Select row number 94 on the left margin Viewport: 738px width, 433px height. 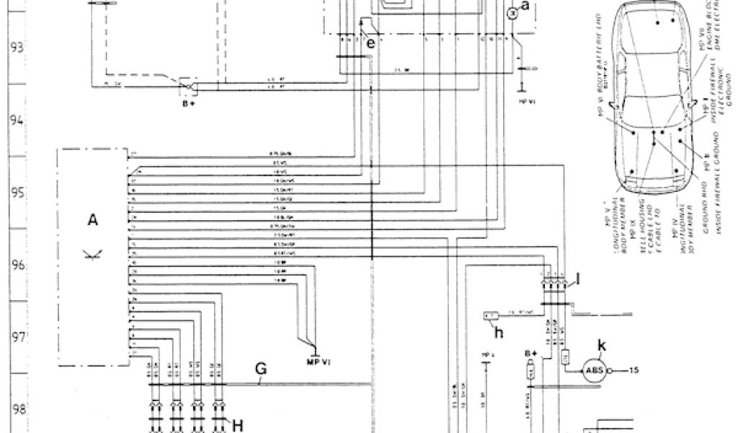tap(17, 121)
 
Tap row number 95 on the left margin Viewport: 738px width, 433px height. tap(17, 193)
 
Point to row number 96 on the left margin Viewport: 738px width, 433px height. tap(17, 265)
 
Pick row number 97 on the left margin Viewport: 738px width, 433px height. tap(17, 337)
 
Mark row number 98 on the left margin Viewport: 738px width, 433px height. tap(17, 409)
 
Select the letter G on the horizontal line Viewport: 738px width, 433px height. tap(261, 369)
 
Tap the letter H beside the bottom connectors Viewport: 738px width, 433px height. tap(237, 424)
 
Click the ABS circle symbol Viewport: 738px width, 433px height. tap(595, 372)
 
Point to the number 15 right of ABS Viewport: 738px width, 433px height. tap(635, 372)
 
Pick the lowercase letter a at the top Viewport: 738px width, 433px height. tap(525, 7)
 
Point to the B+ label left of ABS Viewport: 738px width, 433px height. tap(532, 352)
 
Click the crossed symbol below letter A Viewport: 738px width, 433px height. tap(92, 252)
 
